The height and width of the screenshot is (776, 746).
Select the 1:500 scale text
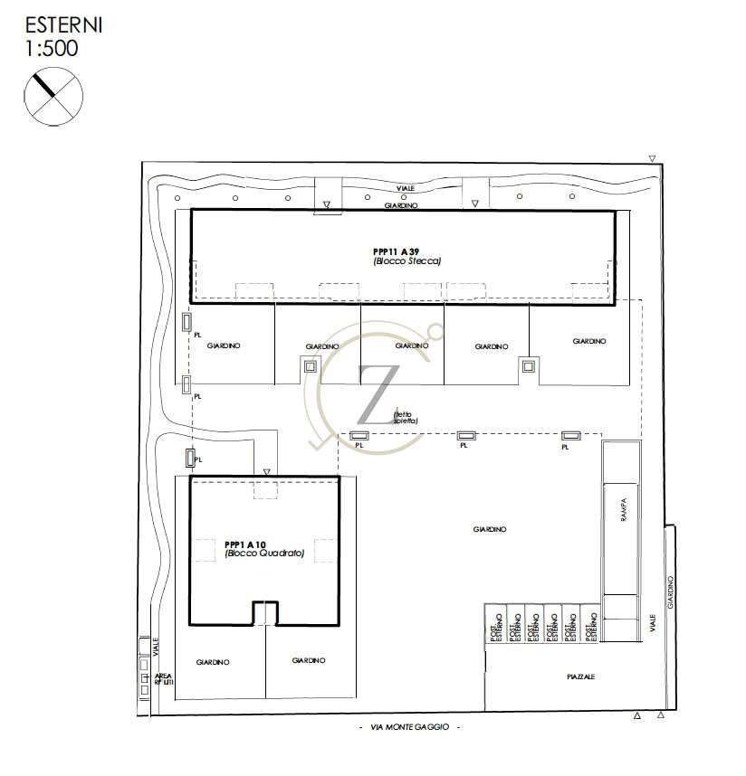click(53, 48)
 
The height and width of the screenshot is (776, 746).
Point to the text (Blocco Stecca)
click(406, 260)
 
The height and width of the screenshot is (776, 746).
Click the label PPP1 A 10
click(245, 544)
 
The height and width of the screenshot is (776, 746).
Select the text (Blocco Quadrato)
click(264, 554)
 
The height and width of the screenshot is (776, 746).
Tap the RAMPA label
click(622, 511)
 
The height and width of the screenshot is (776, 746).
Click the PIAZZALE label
click(581, 677)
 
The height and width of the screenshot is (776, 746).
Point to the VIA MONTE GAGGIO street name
click(409, 728)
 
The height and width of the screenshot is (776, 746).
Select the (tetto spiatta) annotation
click(405, 418)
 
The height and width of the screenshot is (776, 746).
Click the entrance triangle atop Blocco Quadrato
click(266, 472)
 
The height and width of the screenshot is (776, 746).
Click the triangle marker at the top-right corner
click(652, 159)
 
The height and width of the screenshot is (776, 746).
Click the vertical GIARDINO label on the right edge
click(670, 592)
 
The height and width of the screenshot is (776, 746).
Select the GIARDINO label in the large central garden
click(489, 529)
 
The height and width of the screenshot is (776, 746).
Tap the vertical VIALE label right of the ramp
click(652, 625)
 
